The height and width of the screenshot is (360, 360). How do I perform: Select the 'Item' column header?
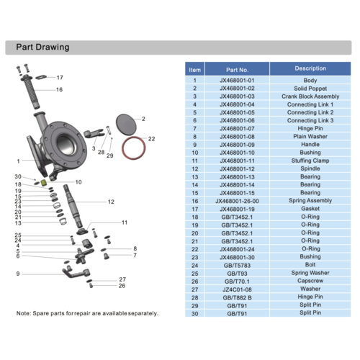(194, 70)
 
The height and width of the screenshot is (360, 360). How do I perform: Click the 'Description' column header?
(310, 69)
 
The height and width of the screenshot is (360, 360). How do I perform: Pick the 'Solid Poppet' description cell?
(310, 88)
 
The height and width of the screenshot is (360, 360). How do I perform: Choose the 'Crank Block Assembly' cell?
(310, 96)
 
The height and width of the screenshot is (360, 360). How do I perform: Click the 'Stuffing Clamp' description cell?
(310, 161)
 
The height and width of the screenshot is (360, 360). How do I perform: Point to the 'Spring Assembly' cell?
(310, 201)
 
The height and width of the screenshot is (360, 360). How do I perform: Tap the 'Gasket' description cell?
(310, 209)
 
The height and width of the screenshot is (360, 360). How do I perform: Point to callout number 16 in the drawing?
(59, 90)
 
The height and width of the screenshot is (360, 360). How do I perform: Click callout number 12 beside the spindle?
(111, 202)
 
